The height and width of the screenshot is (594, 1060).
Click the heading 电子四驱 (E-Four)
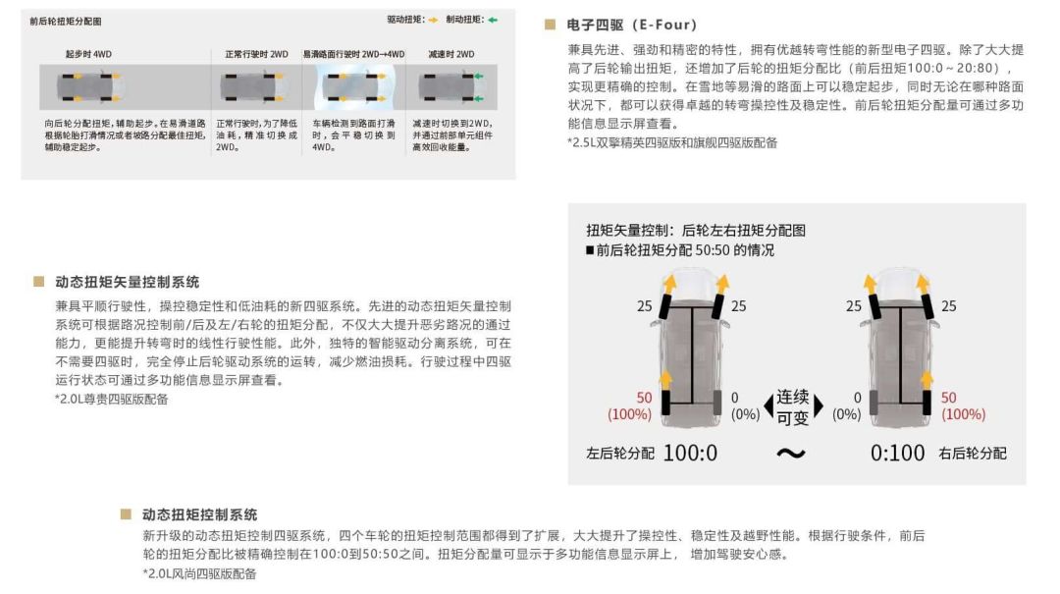click(631, 25)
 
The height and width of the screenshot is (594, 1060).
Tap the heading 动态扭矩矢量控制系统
click(127, 282)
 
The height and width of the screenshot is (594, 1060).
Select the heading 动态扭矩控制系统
click(199, 514)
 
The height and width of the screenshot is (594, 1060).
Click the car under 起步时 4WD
click(88, 87)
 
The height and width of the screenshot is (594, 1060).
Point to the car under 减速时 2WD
click(448, 87)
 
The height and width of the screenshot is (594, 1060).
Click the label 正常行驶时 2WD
click(256, 54)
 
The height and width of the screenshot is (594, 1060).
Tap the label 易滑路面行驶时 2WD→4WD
click(353, 54)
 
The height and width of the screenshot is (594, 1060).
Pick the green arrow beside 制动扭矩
click(493, 20)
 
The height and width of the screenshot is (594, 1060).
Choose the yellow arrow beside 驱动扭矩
click(434, 20)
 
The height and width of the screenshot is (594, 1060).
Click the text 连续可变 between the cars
click(792, 407)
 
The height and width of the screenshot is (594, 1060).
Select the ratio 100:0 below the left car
click(690, 453)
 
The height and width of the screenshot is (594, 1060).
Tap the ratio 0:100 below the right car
click(897, 453)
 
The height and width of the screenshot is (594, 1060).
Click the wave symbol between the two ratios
click(791, 454)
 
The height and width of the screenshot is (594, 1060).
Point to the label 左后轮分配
click(620, 454)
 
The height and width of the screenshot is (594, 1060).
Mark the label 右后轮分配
click(972, 454)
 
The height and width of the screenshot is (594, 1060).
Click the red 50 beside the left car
click(644, 398)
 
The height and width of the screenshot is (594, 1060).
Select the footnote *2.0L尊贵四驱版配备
click(112, 400)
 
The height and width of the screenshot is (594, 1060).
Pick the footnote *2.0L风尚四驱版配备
click(199, 573)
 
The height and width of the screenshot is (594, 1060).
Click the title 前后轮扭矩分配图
click(66, 22)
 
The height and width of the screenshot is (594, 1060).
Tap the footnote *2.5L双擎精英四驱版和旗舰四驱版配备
click(672, 142)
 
